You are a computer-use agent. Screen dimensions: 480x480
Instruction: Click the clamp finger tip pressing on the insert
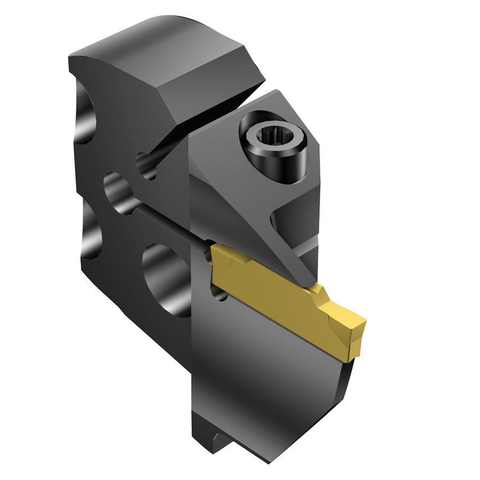pos(306,275)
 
